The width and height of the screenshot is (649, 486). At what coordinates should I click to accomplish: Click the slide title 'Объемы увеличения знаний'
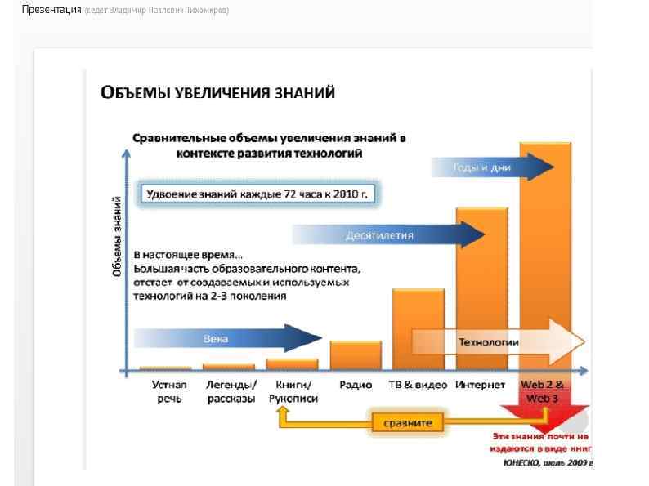(x=217, y=92)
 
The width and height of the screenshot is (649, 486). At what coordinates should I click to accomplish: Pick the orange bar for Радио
(x=356, y=354)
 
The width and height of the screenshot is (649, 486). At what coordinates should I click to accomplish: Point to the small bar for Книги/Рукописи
(x=292, y=364)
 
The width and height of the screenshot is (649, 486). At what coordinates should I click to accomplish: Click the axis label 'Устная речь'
(x=169, y=391)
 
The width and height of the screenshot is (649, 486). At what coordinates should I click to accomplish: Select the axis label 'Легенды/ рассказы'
(x=231, y=391)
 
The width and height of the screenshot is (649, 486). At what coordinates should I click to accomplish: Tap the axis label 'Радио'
(x=356, y=385)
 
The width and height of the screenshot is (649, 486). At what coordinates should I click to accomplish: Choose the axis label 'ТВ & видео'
(x=418, y=385)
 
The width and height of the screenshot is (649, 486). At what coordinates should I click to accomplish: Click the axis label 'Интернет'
(x=481, y=385)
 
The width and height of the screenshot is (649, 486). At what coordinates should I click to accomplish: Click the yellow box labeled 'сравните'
(x=408, y=423)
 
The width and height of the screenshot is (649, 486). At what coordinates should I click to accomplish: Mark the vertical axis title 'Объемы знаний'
(x=118, y=236)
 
